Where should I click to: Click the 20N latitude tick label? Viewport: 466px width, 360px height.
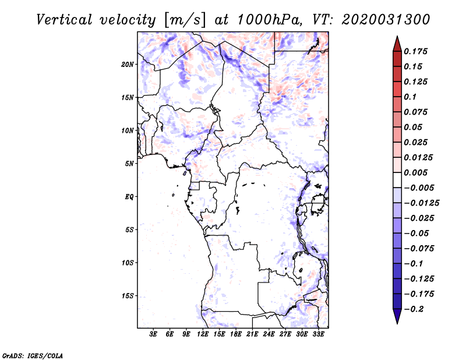128,64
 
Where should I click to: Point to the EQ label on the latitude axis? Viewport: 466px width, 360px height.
129,196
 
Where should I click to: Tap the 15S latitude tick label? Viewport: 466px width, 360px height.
128,295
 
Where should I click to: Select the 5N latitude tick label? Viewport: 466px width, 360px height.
129,163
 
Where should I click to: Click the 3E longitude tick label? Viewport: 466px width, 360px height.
154,334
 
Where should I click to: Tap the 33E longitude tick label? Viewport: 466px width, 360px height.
319,334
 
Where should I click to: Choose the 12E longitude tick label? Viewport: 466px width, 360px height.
203,334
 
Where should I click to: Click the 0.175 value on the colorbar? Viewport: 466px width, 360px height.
417,51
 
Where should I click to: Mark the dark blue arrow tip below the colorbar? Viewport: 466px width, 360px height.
397,319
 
